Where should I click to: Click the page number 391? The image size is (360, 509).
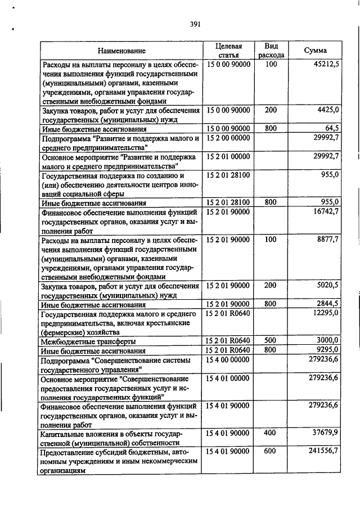pyautogui.click(x=196, y=24)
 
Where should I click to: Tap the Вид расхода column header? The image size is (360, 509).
pyautogui.click(x=271, y=51)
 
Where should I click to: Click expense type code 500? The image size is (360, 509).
pyautogui.click(x=271, y=340)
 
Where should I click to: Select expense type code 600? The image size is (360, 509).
pyautogui.click(x=271, y=451)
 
